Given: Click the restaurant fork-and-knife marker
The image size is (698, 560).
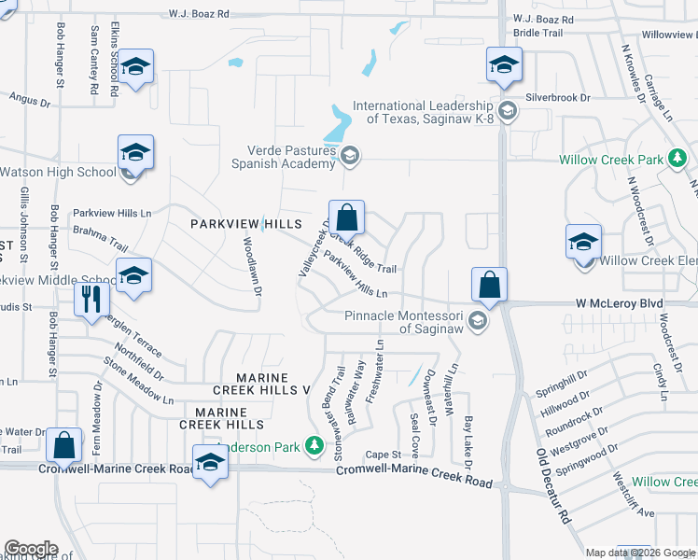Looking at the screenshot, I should point(91,300).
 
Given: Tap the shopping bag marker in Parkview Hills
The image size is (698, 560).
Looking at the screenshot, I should point(346,218).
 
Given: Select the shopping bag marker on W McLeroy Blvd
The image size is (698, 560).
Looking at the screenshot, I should point(489,285).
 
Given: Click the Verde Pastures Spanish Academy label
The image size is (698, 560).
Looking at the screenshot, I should point(289,157).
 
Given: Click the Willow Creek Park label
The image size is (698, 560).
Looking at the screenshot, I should point(611,160).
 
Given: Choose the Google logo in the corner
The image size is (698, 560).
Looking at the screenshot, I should point(31,549).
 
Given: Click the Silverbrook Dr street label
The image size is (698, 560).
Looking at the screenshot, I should point(559,97).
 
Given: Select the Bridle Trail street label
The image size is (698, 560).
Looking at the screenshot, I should point(538,33).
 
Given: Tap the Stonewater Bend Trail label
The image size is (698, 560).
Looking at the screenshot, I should point(338,412).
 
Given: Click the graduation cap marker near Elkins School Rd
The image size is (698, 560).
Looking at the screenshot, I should point(135,66).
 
